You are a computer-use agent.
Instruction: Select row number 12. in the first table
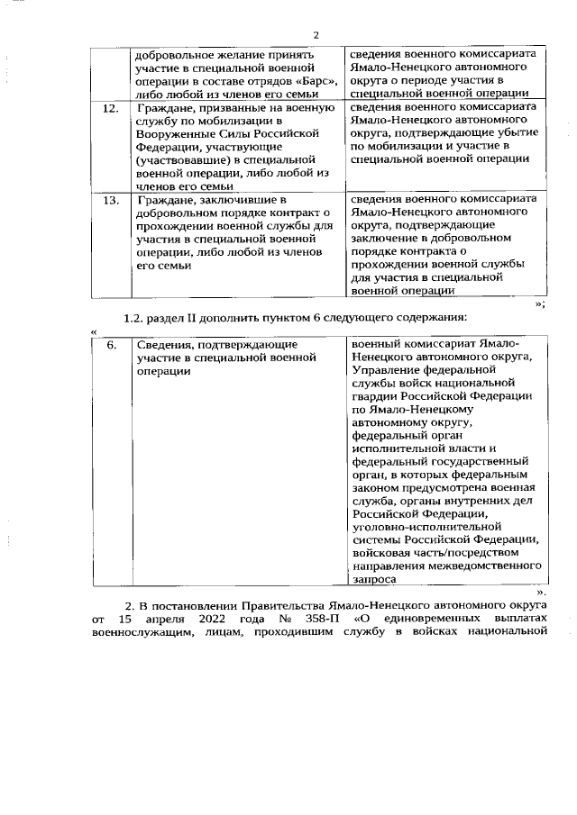click(x=110, y=109)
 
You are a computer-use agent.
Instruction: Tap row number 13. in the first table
click(x=110, y=199)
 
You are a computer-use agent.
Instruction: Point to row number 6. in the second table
click(x=110, y=345)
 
